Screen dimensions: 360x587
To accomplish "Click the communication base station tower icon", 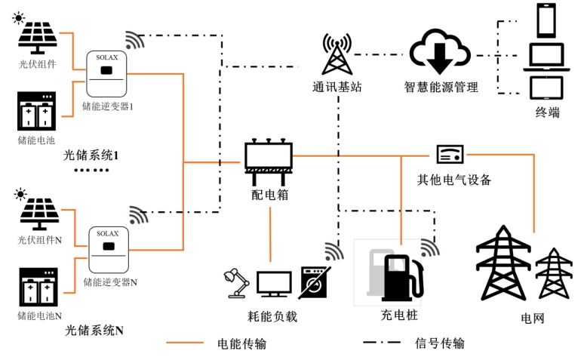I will click(x=337, y=54).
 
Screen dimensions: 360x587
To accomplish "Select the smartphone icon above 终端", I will click(x=544, y=20).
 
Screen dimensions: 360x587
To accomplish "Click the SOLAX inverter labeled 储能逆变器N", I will click(x=108, y=250).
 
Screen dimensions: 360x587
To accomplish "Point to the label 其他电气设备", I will click(x=454, y=180).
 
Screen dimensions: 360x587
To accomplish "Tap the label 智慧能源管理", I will click(x=441, y=88).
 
